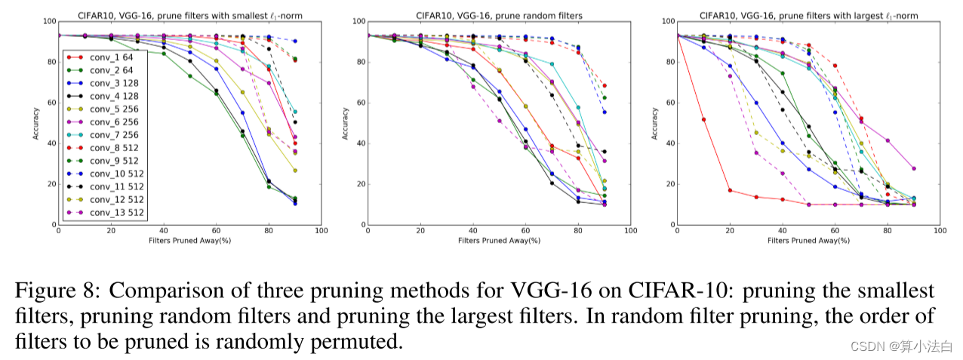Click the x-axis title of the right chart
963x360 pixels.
(x=808, y=240)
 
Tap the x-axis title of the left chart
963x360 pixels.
(x=189, y=240)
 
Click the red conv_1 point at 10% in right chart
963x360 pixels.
(x=703, y=119)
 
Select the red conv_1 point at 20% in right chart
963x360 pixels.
(x=730, y=190)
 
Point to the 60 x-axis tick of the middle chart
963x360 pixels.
(x=525, y=230)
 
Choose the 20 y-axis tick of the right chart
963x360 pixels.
(x=668, y=184)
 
